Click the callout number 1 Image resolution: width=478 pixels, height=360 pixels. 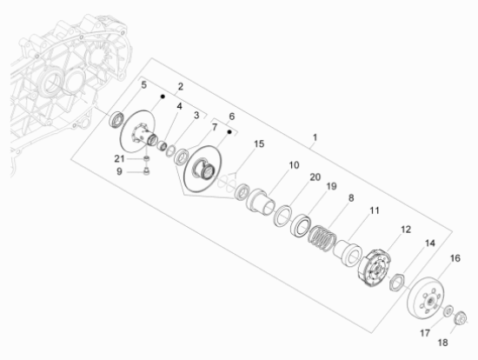point(315,137)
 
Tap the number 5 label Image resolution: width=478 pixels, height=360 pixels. point(144,85)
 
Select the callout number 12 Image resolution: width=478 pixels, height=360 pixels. point(406,230)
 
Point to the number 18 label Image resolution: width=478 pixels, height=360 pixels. point(442,343)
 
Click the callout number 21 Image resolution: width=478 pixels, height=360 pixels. point(120,158)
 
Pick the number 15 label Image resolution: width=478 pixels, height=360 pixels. point(259,144)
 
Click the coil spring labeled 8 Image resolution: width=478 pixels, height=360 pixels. point(322,238)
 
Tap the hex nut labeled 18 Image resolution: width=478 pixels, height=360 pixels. point(461,318)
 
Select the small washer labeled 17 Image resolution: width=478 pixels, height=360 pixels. point(448,310)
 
